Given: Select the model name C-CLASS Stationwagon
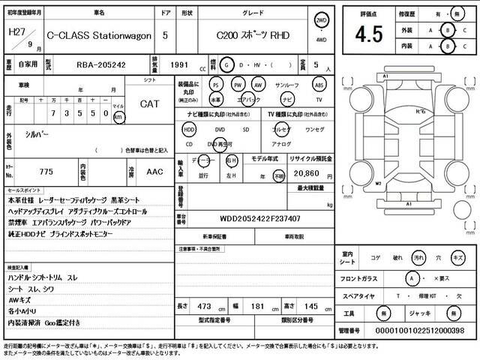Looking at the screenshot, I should [99, 35].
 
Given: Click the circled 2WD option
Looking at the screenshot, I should [322, 21].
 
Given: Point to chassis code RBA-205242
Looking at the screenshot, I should [101, 65].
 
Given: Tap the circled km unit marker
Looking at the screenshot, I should [118, 118].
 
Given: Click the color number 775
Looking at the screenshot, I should [46, 172].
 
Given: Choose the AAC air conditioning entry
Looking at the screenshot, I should [155, 172].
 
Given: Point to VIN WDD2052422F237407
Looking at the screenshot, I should [259, 218].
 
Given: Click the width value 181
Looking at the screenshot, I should [258, 307].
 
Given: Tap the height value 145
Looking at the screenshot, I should [308, 307].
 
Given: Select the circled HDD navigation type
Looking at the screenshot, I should [188, 129].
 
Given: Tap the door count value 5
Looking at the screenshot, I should [165, 35].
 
